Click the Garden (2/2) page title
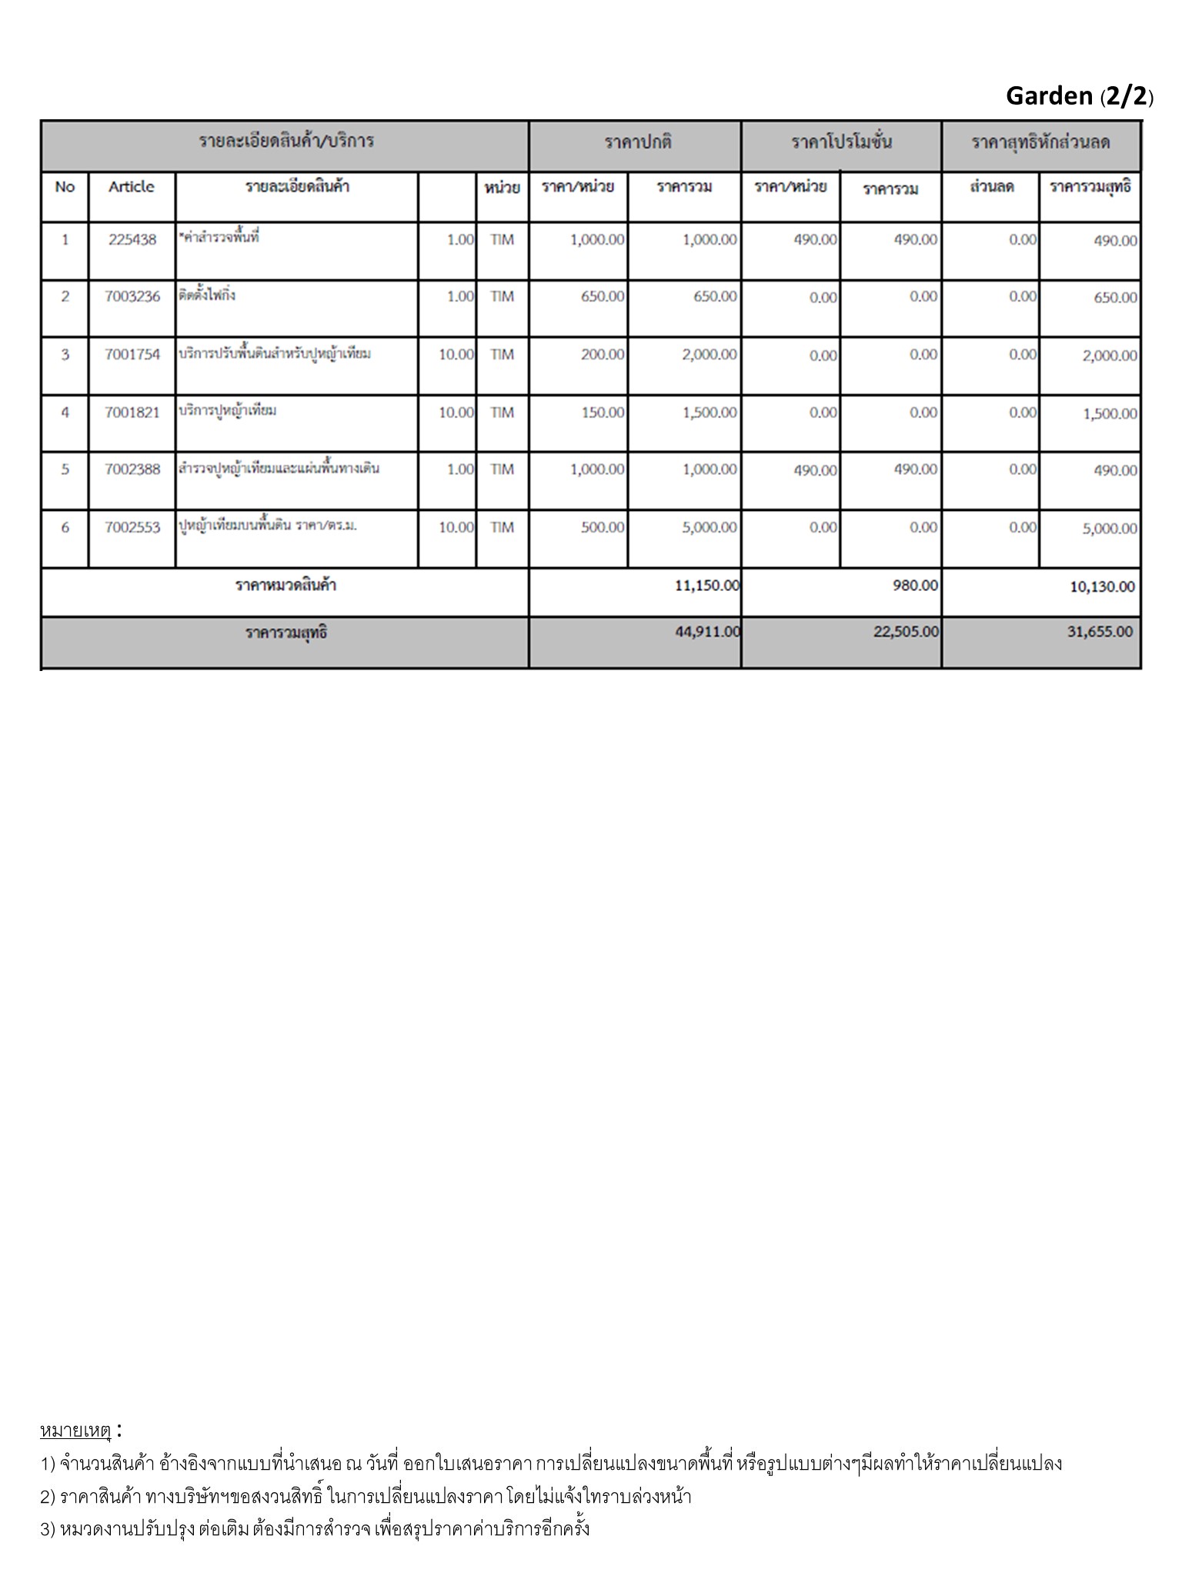(1079, 96)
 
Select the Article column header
(132, 187)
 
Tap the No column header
(65, 187)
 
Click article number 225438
(132, 239)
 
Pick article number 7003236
(132, 297)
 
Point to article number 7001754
(132, 355)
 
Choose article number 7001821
(132, 412)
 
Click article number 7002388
(132, 469)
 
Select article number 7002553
(132, 528)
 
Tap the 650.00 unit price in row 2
(603, 297)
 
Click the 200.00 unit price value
(603, 355)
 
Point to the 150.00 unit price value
(603, 412)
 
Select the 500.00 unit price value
(603, 528)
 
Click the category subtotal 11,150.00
(706, 586)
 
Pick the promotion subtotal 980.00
(915, 586)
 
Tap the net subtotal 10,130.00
(1102, 587)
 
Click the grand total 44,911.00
(707, 632)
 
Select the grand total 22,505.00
(906, 632)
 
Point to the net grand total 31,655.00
(1100, 632)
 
